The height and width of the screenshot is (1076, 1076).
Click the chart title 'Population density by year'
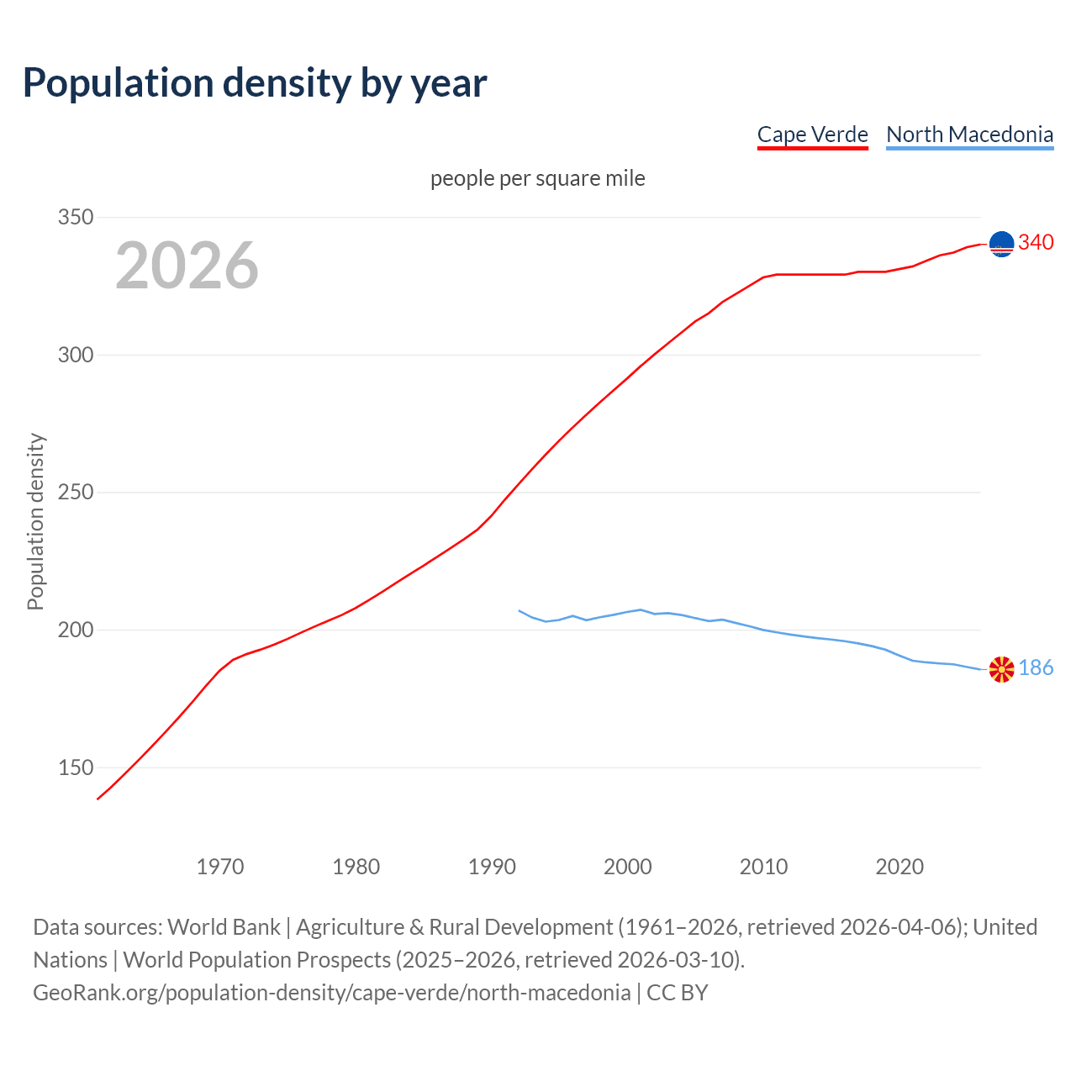click(255, 82)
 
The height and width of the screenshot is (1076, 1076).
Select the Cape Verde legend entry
click(812, 134)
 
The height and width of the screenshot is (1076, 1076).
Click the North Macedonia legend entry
click(969, 134)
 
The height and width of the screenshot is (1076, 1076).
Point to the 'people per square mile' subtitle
click(537, 178)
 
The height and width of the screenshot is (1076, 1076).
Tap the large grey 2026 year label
click(187, 266)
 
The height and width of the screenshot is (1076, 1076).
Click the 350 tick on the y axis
click(76, 217)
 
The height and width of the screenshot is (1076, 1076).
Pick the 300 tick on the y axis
click(76, 355)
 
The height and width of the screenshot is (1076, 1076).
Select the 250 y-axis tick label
click(76, 493)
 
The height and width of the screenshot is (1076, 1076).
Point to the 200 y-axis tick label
click(76, 630)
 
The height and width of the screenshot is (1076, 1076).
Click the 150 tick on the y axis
click(76, 767)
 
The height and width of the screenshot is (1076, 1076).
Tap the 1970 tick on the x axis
click(220, 867)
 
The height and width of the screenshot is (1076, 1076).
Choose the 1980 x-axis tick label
click(356, 867)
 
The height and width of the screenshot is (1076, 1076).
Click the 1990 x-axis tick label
click(492, 867)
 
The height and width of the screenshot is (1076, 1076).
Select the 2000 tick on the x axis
click(628, 867)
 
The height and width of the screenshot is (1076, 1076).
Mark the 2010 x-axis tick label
click(763, 867)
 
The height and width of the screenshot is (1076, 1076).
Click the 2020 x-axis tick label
click(899, 867)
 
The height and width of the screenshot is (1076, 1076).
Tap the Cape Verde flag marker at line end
click(1001, 244)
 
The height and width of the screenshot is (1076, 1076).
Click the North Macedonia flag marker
click(1001, 669)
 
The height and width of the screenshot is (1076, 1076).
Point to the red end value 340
click(1036, 243)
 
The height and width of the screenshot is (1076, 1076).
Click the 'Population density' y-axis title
click(35, 521)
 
